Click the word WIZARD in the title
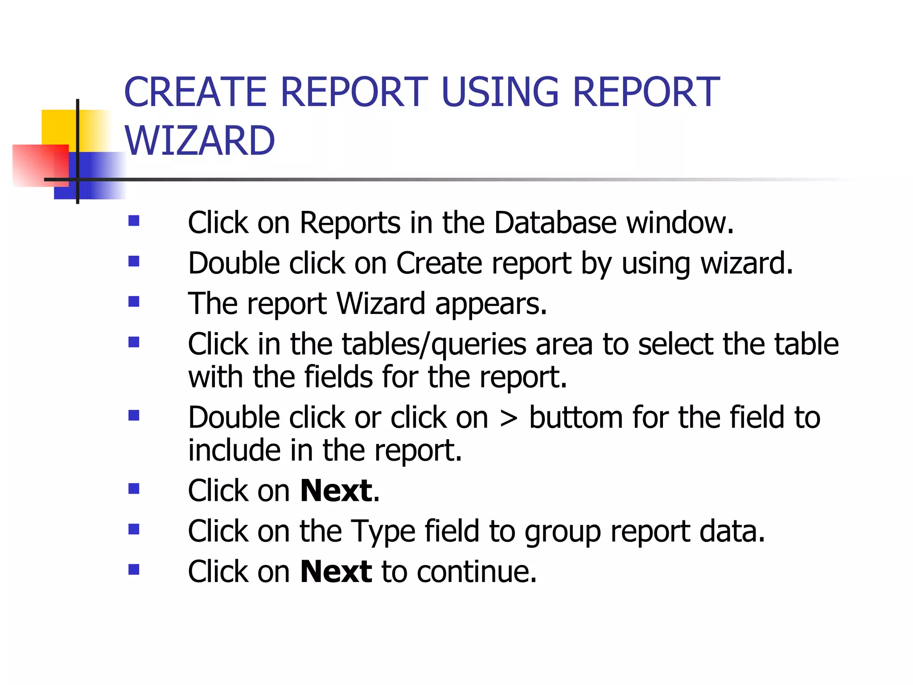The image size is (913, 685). click(x=199, y=140)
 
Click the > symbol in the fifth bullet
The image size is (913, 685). click(x=509, y=418)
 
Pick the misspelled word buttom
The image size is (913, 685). click(x=576, y=417)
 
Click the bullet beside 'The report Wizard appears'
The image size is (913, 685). click(x=134, y=302)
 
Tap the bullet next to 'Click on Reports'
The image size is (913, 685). click(x=134, y=221)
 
